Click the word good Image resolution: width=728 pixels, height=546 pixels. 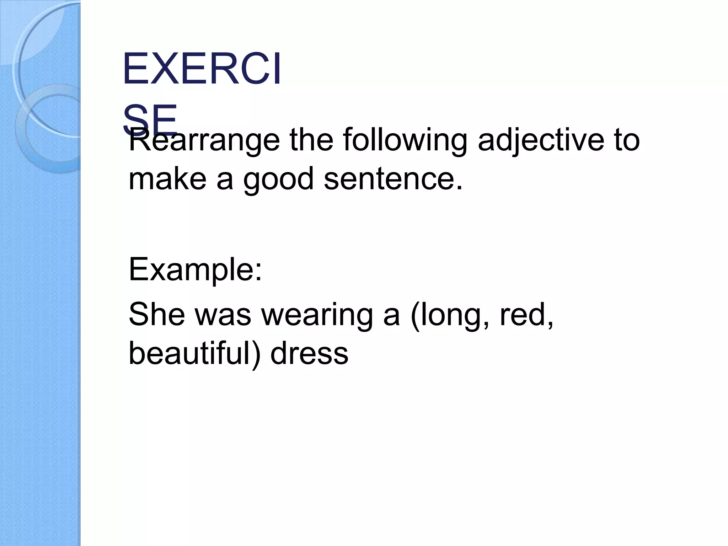click(278, 180)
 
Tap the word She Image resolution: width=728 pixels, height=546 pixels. click(157, 314)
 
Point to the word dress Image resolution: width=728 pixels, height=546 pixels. click(309, 354)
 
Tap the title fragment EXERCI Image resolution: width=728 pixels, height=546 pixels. click(202, 69)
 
